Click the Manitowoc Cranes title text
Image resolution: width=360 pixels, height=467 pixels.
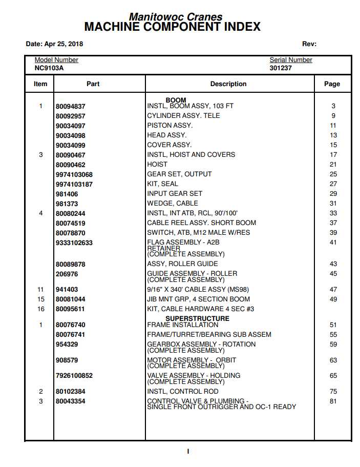pos(176,17)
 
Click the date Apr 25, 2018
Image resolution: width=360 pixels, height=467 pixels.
pos(54,44)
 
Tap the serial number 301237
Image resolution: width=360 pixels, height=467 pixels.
pos(281,68)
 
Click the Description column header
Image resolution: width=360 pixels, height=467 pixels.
pos(228,84)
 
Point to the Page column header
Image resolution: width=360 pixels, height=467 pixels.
pos(332,84)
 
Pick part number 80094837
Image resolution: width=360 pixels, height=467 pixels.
pos(71,107)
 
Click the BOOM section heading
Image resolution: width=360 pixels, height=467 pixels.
pos(176,100)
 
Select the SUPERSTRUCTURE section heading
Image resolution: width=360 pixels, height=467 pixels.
pos(190,319)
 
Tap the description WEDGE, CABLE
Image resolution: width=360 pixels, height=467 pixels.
pos(173,204)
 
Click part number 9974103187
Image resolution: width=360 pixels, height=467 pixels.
pos(74,185)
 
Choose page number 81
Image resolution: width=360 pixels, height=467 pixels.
pos(333,401)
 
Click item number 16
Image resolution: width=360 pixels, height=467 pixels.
pos(41,309)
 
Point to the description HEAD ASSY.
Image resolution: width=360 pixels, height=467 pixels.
pos(167,135)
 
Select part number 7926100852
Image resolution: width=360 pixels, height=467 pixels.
pos(74,376)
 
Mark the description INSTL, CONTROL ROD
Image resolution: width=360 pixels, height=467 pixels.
pos(182,392)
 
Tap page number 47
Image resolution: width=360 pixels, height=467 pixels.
pos(333,290)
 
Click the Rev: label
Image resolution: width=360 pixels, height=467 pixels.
pos(309,44)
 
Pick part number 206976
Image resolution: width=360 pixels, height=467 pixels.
pos(67,274)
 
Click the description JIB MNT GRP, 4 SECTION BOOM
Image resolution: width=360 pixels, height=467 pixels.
pos(199,299)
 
